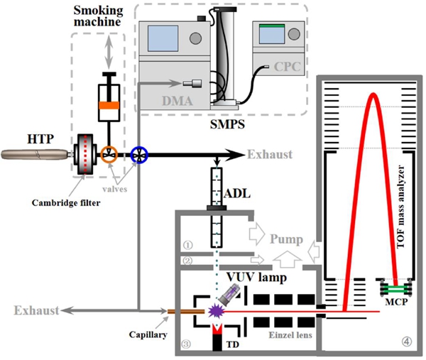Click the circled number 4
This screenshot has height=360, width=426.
pos(405,342)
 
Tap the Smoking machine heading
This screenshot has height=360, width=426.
pos(101,18)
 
